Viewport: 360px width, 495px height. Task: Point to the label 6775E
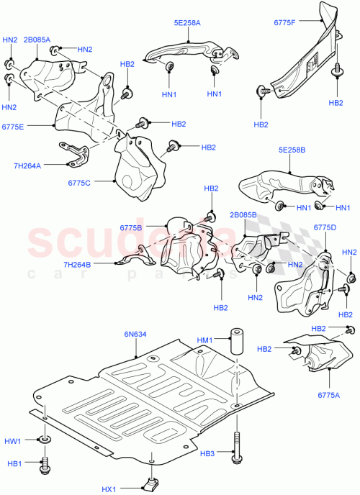(x=13, y=127)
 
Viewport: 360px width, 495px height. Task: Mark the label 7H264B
(x=96, y=265)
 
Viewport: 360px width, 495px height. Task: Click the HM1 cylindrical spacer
(x=235, y=352)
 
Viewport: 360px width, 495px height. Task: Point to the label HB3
(x=207, y=454)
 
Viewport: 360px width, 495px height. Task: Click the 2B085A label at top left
(x=37, y=40)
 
